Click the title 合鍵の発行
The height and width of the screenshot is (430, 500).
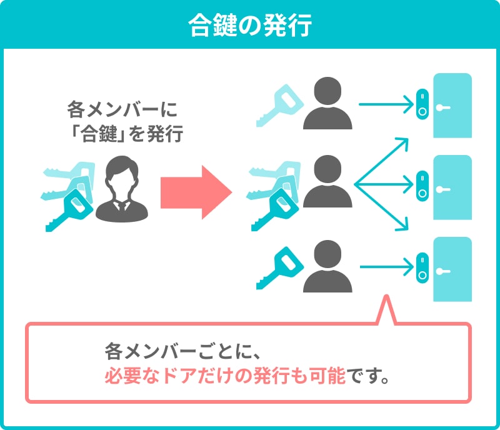point(249,26)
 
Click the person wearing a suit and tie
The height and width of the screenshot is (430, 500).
point(122,187)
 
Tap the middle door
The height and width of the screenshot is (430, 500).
point(452,187)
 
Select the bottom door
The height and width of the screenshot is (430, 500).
point(452,269)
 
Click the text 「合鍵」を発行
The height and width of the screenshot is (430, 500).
point(122,134)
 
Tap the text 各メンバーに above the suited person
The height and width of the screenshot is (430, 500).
point(122,111)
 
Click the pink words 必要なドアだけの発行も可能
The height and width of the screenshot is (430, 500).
point(224,377)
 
